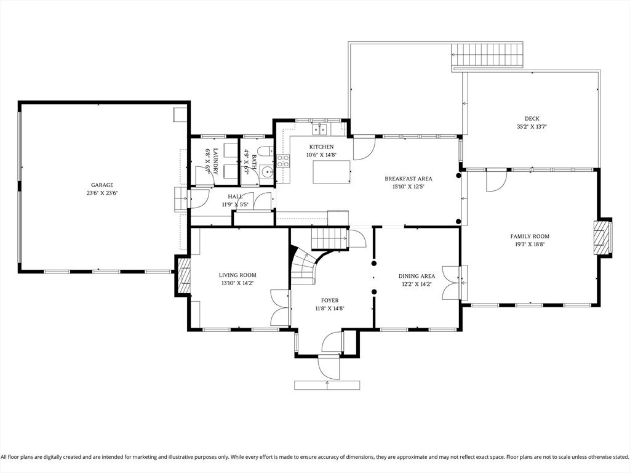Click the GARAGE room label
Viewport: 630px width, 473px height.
[x=102, y=185]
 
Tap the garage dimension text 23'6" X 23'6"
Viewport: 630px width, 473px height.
[x=102, y=193]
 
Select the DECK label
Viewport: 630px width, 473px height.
[x=532, y=119]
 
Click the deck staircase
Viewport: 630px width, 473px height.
[x=488, y=55]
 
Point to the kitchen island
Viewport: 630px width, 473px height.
[x=332, y=172]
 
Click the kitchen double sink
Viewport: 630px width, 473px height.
[x=319, y=129]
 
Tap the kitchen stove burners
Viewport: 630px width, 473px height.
[x=283, y=161]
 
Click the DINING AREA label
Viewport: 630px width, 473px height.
[x=417, y=277]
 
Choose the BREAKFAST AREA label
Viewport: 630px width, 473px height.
[x=408, y=179]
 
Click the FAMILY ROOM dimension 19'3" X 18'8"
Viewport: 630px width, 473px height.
[x=530, y=244]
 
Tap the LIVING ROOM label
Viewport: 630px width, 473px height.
[x=237, y=275]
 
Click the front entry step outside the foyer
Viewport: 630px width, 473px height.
[x=327, y=386]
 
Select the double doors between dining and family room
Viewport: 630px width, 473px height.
[x=452, y=283]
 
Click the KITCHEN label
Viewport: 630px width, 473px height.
[x=321, y=147]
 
